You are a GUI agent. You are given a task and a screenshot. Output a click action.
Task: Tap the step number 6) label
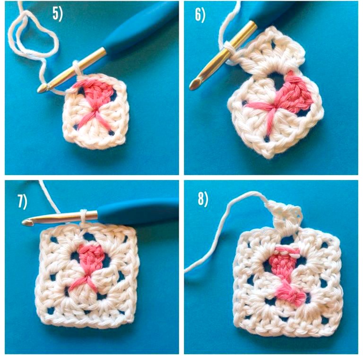(x=200, y=16)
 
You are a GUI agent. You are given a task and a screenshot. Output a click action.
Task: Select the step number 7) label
(x=23, y=201)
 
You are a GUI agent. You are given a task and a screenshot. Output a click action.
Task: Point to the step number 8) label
(x=203, y=199)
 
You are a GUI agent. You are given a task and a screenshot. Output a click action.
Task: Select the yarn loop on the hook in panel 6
(x=228, y=49)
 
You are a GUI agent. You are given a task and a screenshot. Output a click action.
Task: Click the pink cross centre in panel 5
(x=95, y=111)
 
